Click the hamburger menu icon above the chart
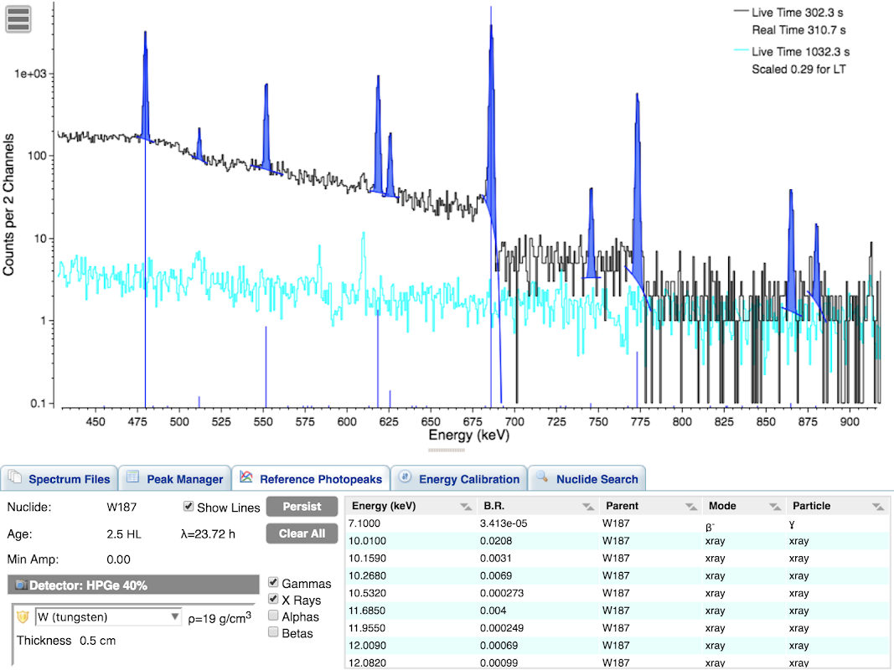18,18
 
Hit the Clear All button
302,533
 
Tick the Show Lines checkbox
189,507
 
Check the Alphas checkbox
273,616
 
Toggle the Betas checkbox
273,632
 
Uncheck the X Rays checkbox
273,600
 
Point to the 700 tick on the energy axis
514,421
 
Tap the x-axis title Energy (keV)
468,435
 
